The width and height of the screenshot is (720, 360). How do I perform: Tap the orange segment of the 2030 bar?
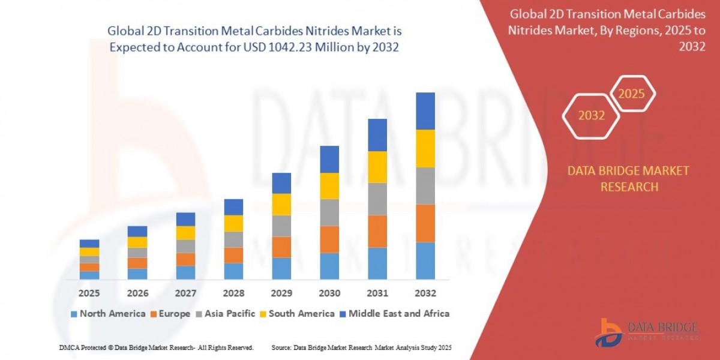(329, 239)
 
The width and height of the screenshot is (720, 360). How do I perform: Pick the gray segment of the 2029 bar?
(281, 226)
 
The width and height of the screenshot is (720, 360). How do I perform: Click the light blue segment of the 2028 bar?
(233, 271)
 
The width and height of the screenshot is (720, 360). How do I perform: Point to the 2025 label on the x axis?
(89, 293)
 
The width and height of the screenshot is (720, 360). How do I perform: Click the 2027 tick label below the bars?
(185, 293)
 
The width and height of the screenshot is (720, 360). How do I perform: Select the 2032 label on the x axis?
(425, 293)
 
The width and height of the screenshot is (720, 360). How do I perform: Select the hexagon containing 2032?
(592, 115)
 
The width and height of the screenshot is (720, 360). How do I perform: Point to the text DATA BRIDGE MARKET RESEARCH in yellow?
(628, 179)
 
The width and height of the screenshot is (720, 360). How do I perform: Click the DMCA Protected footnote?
(156, 347)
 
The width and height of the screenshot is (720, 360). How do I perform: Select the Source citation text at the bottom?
(361, 347)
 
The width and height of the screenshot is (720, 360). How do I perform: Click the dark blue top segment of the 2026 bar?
(137, 231)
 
